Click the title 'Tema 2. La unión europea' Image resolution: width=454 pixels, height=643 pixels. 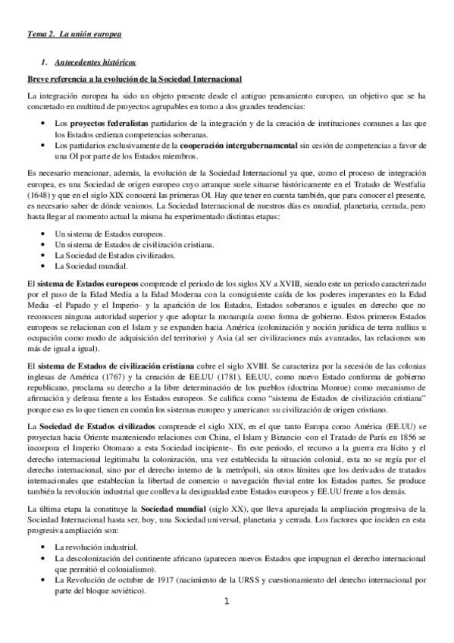tap(74, 35)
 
